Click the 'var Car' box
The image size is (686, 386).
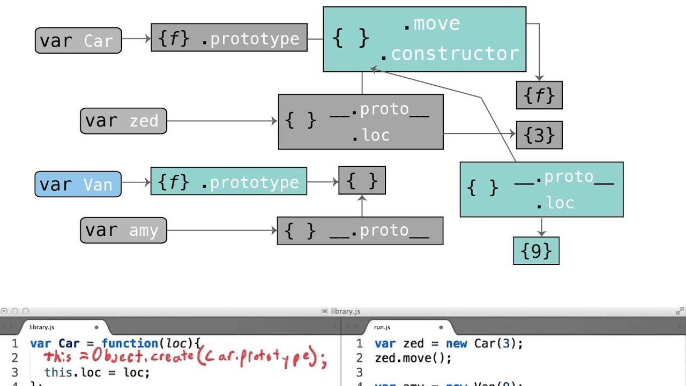78,41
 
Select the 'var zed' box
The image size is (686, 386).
123,121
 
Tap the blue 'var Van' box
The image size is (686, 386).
78,184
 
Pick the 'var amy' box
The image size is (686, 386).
123,230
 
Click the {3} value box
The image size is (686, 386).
539,135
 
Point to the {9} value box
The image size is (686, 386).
536,251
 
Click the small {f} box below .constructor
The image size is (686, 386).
539,95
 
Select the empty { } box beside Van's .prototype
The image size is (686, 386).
362,181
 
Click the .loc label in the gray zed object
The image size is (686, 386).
370,135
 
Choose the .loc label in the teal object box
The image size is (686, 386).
555,203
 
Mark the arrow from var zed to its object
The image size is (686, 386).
222,121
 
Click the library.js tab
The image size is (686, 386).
42,327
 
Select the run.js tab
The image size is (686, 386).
382,327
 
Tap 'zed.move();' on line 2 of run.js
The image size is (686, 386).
413,358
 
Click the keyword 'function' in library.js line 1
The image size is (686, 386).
130,344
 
